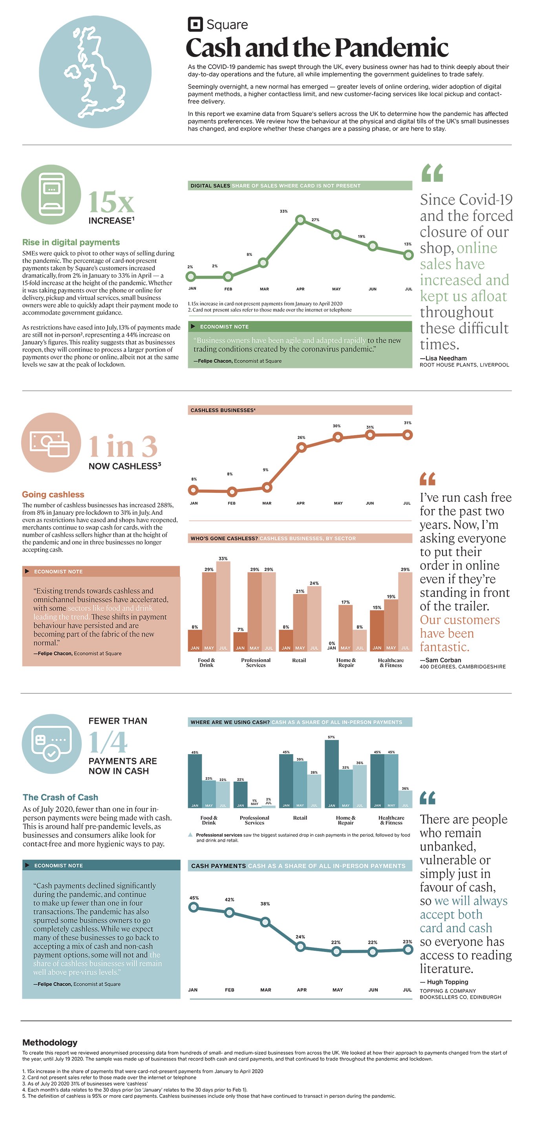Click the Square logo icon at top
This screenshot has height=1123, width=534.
point(195,24)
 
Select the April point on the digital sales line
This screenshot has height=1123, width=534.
point(300,220)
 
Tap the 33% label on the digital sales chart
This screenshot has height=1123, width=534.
point(283,211)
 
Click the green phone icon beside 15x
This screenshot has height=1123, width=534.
point(51,195)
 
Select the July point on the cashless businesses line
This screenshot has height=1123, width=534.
point(407,435)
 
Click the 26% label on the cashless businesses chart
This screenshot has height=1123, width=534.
point(301,437)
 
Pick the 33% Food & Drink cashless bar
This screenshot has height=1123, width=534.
point(223,606)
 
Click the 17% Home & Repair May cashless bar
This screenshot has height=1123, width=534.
point(346,628)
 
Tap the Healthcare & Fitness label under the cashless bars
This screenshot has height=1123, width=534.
point(391,663)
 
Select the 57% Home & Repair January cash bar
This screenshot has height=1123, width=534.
point(331,774)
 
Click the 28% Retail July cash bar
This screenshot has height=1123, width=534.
point(314,791)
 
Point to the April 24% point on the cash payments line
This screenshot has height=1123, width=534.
point(300,946)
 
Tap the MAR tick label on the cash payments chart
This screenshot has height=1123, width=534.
point(266,990)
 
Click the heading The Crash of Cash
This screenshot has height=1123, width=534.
point(60,797)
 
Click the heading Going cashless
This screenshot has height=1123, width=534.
point(53,494)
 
